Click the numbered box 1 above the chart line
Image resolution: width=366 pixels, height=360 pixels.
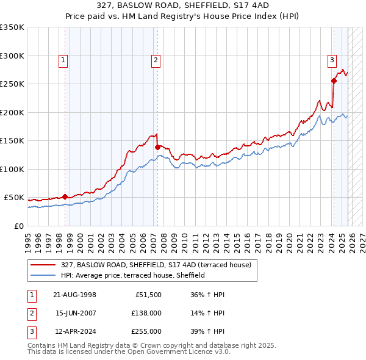[64, 60]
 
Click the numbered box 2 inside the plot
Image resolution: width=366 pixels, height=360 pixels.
[156, 60]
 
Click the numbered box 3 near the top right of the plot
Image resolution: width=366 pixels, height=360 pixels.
[332, 60]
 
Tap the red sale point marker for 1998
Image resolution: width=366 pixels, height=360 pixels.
[65, 196]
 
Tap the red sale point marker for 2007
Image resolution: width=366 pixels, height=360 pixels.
[157, 147]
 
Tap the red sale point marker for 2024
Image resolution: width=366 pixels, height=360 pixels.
[334, 81]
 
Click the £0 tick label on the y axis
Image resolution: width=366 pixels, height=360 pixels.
[18, 226]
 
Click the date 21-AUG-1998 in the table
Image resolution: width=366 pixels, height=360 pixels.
[75, 295]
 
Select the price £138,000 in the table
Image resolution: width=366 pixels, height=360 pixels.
[147, 313]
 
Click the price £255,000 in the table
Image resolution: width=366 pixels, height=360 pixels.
[147, 331]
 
